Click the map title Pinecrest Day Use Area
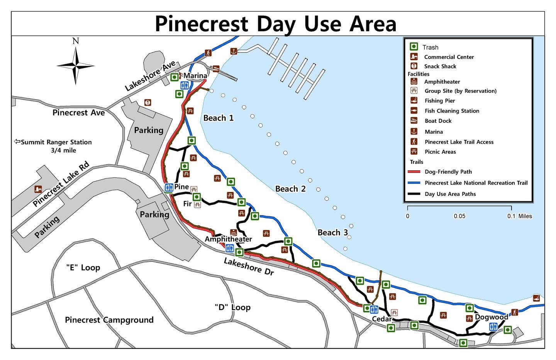pyautogui.click(x=275, y=24)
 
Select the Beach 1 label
pyautogui.click(x=219, y=118)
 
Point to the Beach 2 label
pyautogui.click(x=290, y=189)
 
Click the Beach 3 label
pyautogui.click(x=333, y=233)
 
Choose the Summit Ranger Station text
pyautogui.click(x=56, y=142)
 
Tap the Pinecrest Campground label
pyautogui.click(x=109, y=320)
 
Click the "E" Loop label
pyautogui.click(x=83, y=268)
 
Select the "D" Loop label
pyautogui.click(x=232, y=307)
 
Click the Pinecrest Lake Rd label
pyautogui.click(x=61, y=184)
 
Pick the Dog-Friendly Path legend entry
pyautogui.click(x=448, y=172)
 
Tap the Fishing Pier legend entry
pyautogui.click(x=439, y=101)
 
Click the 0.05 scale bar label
pyautogui.click(x=459, y=216)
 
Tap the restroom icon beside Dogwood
pyautogui.click(x=493, y=327)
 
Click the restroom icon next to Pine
pyautogui.click(x=169, y=188)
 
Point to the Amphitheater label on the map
pyautogui.click(x=228, y=239)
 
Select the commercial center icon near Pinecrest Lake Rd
pyautogui.click(x=38, y=189)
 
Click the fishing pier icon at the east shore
pyautogui.click(x=536, y=298)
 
